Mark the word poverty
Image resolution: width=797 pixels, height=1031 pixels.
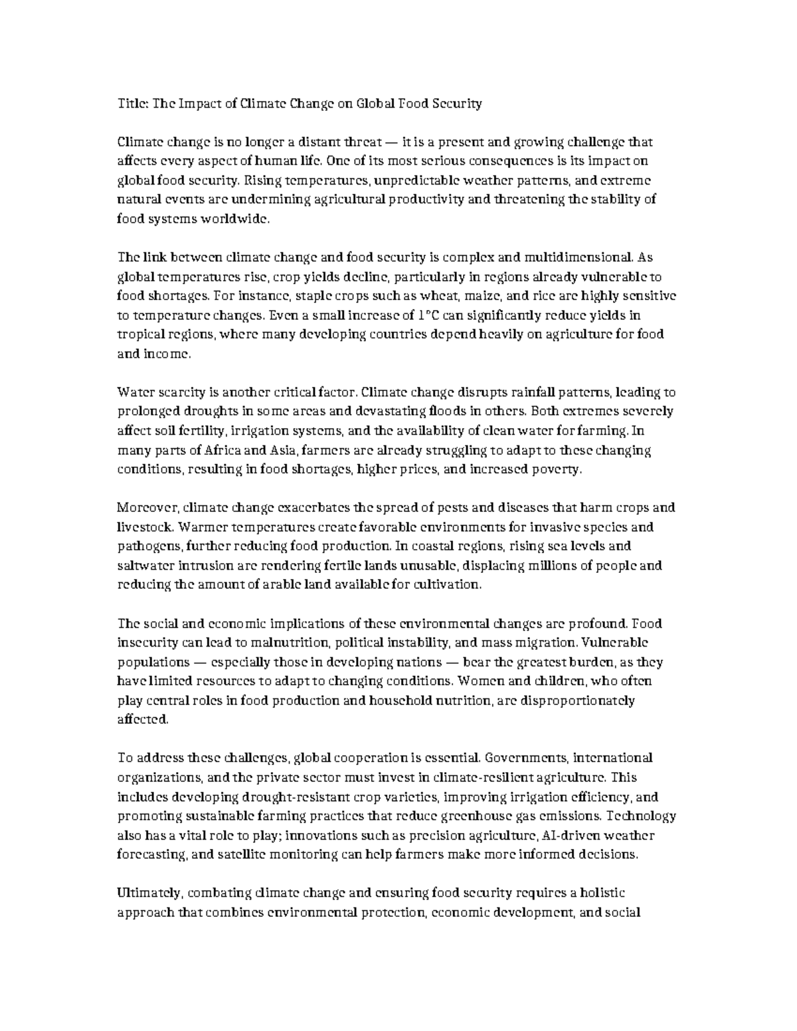tap(561, 469)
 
